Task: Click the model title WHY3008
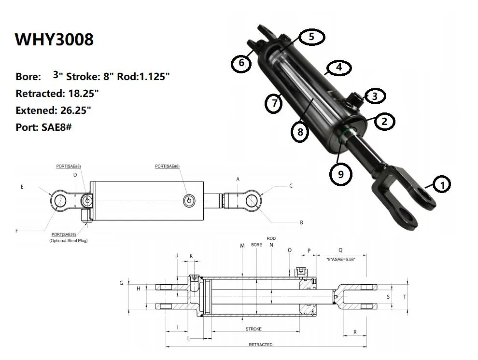(54, 39)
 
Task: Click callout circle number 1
(442, 184)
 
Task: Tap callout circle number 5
(311, 37)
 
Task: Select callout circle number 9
(341, 174)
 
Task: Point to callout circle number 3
(375, 96)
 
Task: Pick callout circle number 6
(241, 63)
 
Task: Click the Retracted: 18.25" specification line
(57, 93)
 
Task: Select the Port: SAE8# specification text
(43, 127)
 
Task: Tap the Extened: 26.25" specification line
(53, 110)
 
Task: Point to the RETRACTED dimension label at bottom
(260, 345)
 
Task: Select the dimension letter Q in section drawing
(340, 250)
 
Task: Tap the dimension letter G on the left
(121, 283)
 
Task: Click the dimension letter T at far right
(405, 297)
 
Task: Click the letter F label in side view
(16, 231)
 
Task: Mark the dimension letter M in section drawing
(242, 246)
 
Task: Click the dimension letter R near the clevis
(355, 332)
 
